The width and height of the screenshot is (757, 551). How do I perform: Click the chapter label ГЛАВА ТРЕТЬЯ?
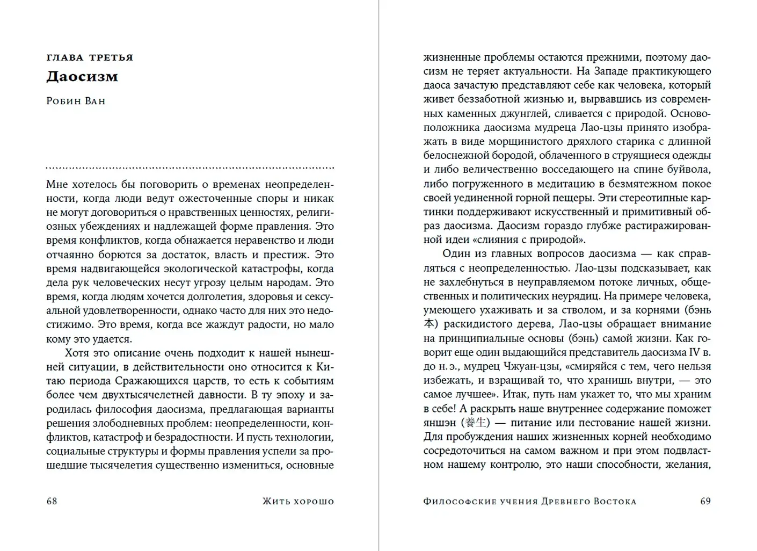(90, 57)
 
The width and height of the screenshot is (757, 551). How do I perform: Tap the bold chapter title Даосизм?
(82, 76)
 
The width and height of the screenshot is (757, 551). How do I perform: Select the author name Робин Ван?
(76, 101)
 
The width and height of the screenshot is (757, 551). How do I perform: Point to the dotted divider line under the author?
(190, 168)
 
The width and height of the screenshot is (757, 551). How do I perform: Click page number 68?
(52, 501)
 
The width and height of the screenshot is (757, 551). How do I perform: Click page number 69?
(705, 501)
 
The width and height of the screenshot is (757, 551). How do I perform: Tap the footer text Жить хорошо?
(298, 502)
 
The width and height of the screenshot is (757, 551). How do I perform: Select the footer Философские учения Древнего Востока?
(529, 502)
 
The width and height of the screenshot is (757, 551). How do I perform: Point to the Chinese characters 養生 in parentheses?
(476, 423)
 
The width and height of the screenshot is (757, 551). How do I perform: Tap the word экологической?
(207, 269)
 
